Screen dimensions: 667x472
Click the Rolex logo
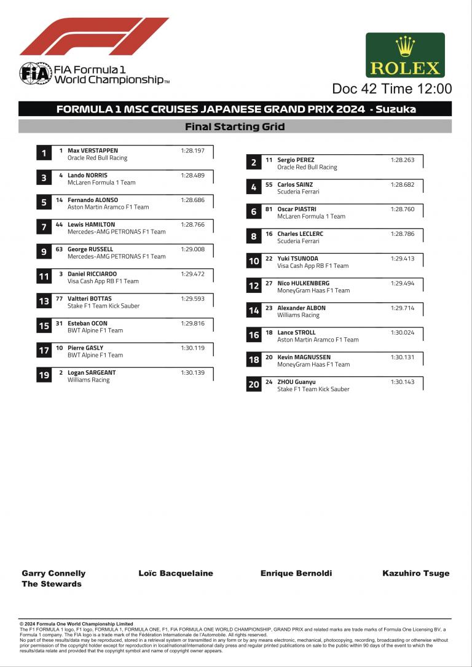(x=405, y=55)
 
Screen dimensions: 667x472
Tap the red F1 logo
(x=93, y=37)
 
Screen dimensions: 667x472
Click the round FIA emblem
(x=35, y=73)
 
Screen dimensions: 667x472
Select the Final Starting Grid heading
(x=235, y=127)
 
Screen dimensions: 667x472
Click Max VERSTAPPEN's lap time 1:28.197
(x=192, y=150)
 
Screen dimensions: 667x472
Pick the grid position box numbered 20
(x=254, y=384)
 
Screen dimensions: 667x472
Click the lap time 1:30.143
(x=403, y=382)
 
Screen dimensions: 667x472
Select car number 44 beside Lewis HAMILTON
(x=59, y=225)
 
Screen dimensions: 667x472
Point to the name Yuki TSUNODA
(x=297, y=259)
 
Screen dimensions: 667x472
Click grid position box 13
(x=44, y=302)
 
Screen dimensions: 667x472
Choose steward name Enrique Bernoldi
(x=296, y=573)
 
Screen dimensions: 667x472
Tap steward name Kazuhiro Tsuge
(x=416, y=573)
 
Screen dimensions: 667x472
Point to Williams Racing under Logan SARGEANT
(x=88, y=380)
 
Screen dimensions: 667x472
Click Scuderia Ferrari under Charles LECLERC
(x=298, y=241)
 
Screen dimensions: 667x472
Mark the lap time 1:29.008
(x=192, y=249)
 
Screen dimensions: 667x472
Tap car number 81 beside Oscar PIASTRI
(x=269, y=209)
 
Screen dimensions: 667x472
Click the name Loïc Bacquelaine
(x=176, y=573)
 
